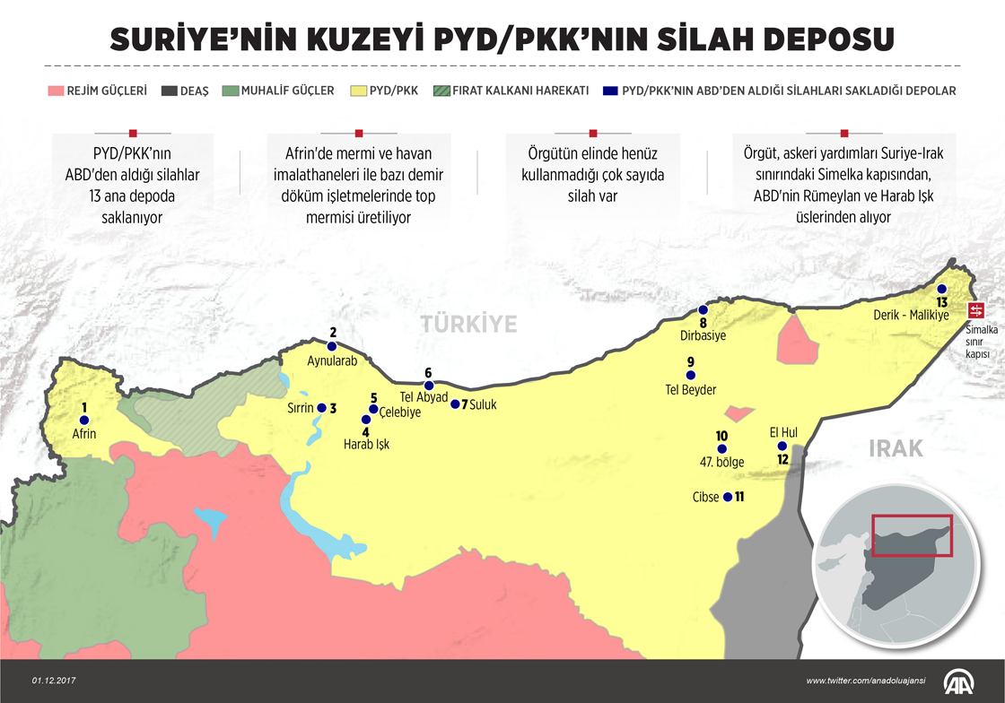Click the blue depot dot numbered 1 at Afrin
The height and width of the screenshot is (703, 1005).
(x=84, y=420)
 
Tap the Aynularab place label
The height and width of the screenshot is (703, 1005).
(x=332, y=361)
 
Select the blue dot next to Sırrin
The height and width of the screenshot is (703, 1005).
(x=321, y=408)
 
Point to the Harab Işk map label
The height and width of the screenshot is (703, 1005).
(x=367, y=443)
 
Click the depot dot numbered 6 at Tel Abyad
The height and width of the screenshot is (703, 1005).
(x=428, y=386)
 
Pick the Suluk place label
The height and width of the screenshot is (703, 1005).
(x=481, y=404)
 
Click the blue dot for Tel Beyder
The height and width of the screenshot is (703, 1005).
(x=690, y=376)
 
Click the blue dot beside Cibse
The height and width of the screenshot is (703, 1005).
(x=727, y=497)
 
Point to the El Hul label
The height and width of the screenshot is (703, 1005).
(x=783, y=431)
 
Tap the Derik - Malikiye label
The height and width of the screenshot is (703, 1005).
(x=911, y=316)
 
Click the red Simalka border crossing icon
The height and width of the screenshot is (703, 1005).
(x=975, y=310)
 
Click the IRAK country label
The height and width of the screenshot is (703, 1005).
(x=896, y=448)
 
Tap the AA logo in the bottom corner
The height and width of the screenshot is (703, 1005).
(x=960, y=681)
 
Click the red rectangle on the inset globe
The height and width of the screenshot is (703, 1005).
(x=912, y=535)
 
